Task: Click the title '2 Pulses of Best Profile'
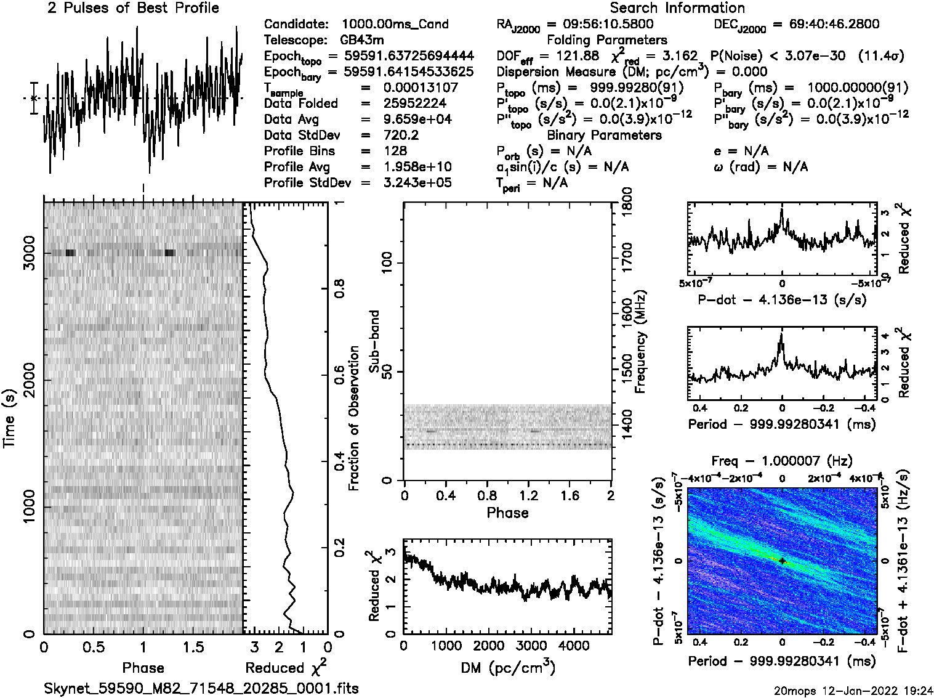coord(133,8)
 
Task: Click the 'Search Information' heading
coord(677,8)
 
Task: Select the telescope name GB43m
coord(364,40)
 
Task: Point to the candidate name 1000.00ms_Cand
coord(395,24)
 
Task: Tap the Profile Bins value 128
coord(395,151)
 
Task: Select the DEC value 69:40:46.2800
coord(826,24)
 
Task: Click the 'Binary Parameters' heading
coord(604,135)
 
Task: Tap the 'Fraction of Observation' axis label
coord(353,418)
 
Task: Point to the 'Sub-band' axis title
coord(374,341)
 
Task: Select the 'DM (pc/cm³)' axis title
coord(507,668)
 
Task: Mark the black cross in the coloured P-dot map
coord(782,561)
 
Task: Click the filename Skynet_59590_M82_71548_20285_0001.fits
coord(201,688)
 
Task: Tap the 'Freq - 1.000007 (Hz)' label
coord(782,461)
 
